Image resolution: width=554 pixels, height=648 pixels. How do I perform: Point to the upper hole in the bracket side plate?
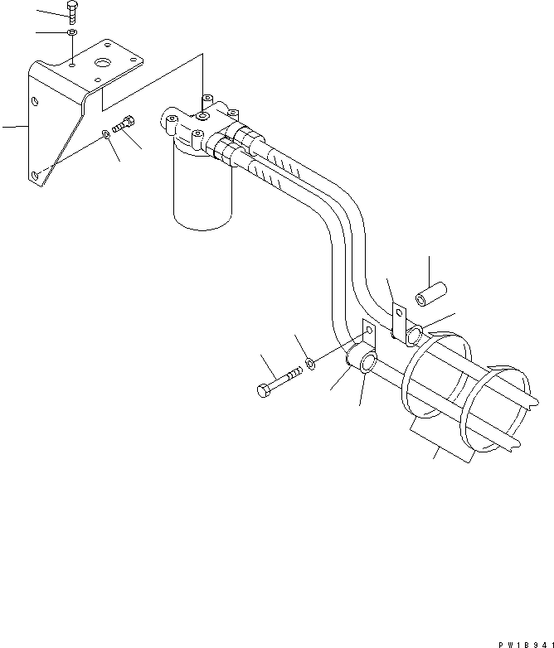click(x=35, y=102)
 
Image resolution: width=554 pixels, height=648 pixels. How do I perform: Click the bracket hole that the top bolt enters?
click(x=74, y=61)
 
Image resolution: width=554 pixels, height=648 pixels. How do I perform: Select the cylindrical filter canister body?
click(x=201, y=191)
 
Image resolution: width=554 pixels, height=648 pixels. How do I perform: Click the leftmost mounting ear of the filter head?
click(x=173, y=122)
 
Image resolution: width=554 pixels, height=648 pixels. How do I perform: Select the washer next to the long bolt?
click(x=310, y=363)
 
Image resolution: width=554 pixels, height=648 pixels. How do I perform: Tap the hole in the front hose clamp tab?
click(x=368, y=330)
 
